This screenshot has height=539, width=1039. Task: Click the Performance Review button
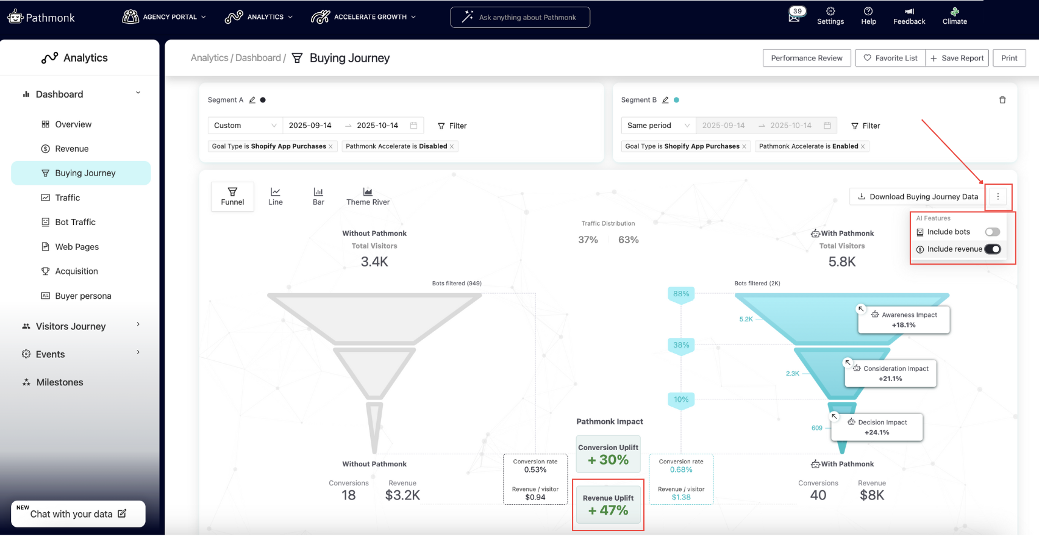pos(806,58)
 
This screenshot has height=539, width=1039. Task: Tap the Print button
pos(1009,58)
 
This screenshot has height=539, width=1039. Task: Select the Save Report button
pos(957,58)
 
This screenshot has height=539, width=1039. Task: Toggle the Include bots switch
pos(992,232)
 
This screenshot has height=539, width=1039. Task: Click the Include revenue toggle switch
pos(992,249)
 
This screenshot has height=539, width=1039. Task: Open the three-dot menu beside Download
pos(998,196)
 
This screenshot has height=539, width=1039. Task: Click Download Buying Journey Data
pos(918,196)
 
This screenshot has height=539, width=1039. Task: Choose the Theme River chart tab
pos(368,196)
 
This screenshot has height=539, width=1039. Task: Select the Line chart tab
pos(276,196)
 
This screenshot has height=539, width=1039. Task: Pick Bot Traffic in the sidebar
pos(75,222)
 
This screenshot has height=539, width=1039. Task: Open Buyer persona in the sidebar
pos(83,296)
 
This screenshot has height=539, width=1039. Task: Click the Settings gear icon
pos(830,12)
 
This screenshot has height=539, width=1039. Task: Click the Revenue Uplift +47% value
pos(608,510)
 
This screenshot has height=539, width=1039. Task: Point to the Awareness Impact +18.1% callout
pos(904,319)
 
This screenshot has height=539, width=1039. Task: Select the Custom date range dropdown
pos(245,126)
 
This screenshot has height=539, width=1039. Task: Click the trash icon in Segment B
pos(1002,100)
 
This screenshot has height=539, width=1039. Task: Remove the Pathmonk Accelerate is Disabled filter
pos(452,146)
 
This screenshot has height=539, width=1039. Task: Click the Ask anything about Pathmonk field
pos(520,17)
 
